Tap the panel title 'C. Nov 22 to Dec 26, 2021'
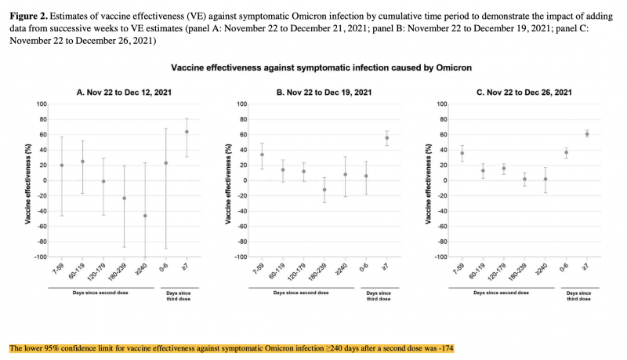[516, 92]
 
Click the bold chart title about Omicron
[321, 68]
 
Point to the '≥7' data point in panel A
[187, 132]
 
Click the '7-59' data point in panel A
[62, 165]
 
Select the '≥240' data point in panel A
[145, 216]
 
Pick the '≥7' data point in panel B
[386, 138]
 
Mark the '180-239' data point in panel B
[324, 190]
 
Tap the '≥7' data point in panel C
[586, 134]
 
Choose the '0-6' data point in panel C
[566, 152]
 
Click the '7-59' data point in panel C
[462, 153]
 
